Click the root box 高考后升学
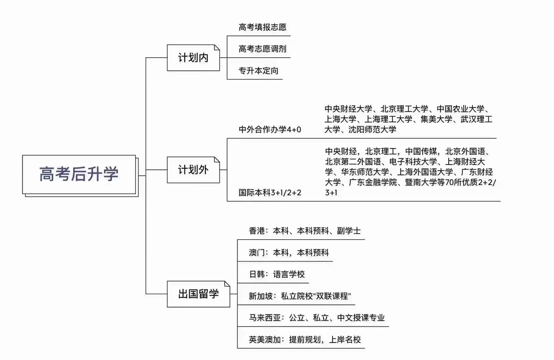pyautogui.click(x=79, y=174)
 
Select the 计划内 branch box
pyautogui.click(x=193, y=58)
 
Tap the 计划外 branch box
pyautogui.click(x=193, y=170)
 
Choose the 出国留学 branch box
pyautogui.click(x=198, y=294)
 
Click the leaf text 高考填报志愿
pyautogui.click(x=262, y=27)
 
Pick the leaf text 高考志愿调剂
pyautogui.click(x=262, y=49)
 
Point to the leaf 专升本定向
pyautogui.click(x=258, y=71)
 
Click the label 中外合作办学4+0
pyautogui.click(x=270, y=129)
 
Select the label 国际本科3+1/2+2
pyautogui.click(x=270, y=193)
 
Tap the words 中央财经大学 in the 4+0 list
pyautogui.click(x=348, y=109)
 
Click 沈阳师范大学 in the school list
pyautogui.click(x=372, y=129)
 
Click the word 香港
pyautogui.click(x=257, y=231)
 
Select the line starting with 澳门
pyautogui.click(x=289, y=253)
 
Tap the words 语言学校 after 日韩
pyautogui.click(x=289, y=274)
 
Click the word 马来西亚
pyautogui.click(x=265, y=318)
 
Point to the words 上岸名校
pyautogui.click(x=345, y=340)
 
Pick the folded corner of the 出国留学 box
pyautogui.click(x=227, y=284)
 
